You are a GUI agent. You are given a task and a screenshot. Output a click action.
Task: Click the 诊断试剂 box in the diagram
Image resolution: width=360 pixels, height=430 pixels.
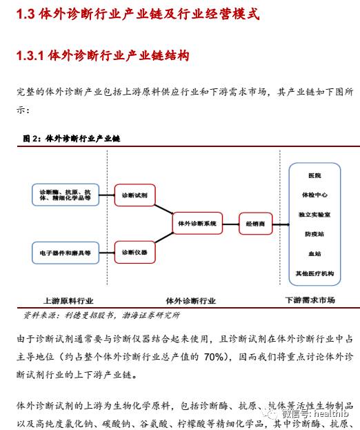click(134, 195)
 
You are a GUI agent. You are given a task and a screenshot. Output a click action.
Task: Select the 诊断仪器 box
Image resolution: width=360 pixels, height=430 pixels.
click(134, 253)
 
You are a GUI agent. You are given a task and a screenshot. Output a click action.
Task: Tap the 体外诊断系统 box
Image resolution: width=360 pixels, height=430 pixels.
click(197, 223)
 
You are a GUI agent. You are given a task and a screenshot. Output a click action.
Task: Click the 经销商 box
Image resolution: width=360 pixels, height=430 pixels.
click(256, 224)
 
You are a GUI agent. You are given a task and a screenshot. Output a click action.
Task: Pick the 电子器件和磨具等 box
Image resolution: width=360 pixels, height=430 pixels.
click(66, 253)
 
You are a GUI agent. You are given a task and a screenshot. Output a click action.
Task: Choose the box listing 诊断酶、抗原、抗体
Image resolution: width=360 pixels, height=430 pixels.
click(66, 195)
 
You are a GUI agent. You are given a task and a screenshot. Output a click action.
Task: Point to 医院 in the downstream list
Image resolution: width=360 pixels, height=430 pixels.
click(314, 175)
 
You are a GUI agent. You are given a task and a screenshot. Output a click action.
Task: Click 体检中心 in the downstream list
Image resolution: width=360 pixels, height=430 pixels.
click(314, 195)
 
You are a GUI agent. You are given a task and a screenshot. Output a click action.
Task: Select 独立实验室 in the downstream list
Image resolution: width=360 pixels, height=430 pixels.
click(314, 215)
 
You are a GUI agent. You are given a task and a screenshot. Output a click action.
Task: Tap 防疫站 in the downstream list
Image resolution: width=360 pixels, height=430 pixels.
click(314, 234)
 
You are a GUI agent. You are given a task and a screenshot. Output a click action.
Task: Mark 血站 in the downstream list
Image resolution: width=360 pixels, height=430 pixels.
click(314, 254)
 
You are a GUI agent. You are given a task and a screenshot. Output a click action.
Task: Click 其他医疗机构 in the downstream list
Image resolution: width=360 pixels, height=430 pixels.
click(314, 273)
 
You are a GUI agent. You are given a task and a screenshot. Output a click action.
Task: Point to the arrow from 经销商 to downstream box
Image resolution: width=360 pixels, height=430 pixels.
click(281, 224)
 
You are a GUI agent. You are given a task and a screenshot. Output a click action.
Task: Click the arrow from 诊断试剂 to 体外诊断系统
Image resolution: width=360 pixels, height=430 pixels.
click(164, 209)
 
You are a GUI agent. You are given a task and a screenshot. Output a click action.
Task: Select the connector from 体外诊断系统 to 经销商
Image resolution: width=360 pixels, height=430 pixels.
click(230, 224)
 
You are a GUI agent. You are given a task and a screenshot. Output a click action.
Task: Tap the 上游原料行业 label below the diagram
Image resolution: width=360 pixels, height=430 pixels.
click(68, 301)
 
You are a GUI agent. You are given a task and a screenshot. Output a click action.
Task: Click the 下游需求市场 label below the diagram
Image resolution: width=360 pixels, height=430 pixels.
click(310, 300)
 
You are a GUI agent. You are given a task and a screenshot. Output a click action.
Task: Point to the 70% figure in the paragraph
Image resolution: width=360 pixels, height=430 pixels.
click(214, 357)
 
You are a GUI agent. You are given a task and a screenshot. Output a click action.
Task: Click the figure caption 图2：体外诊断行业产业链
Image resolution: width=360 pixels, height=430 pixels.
click(72, 139)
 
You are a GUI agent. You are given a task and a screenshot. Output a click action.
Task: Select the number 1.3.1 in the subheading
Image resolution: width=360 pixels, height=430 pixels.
click(30, 56)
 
